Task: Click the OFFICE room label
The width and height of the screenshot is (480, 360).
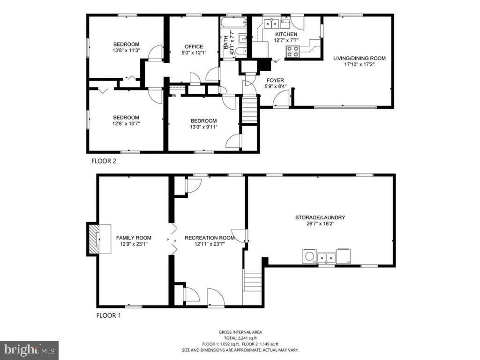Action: coord(194,46)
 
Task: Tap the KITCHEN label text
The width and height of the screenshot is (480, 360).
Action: coord(286,34)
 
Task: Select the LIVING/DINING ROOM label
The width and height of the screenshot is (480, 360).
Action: coord(360,58)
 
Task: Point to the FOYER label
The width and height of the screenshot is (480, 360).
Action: coord(275,80)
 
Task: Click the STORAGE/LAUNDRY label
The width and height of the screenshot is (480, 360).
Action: coord(320,217)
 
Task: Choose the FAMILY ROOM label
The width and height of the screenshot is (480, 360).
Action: coord(134,238)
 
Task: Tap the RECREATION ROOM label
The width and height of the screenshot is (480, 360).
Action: coord(210,238)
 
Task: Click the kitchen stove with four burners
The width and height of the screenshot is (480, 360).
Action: coord(292,52)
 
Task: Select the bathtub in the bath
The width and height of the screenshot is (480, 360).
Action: coord(233,22)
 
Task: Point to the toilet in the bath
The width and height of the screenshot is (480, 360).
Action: coord(241,51)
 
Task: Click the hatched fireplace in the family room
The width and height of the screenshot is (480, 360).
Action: coord(94,239)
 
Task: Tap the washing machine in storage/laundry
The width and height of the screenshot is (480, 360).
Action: coord(310,256)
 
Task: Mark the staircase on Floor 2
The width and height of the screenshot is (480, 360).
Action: coord(249,109)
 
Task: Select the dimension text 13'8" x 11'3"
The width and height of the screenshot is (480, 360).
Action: coord(126,50)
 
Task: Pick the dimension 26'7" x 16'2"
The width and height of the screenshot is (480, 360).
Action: coord(320,224)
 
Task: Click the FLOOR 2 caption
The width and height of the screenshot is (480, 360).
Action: coord(104,161)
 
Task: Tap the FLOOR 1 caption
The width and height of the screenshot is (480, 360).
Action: coord(108,315)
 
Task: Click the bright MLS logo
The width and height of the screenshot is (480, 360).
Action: coord(30,350)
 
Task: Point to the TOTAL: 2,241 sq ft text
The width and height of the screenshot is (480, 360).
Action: coord(240,338)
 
